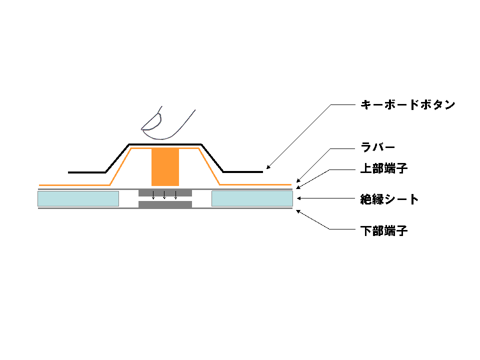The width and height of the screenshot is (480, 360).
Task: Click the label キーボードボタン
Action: point(407,105)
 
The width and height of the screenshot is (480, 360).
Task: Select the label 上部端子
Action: point(384,168)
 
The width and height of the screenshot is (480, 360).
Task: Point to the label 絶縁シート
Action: point(389,199)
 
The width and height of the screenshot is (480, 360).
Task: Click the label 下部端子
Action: point(384,231)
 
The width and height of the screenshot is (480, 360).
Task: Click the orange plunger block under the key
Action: point(165,167)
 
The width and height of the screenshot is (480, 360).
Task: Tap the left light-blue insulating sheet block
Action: point(78,198)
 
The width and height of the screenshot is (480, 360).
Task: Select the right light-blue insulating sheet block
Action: point(252,198)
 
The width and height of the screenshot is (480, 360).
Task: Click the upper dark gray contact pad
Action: point(165,192)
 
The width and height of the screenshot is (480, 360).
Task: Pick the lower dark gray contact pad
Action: point(165,204)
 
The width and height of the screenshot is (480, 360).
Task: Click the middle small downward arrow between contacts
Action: point(164,195)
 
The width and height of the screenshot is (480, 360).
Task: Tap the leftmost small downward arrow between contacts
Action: point(153,195)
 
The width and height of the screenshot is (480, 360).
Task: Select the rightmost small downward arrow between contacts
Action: point(175,195)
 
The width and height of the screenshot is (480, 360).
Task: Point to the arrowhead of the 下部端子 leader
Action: point(297,211)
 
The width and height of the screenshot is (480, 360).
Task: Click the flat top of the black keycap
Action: point(165,143)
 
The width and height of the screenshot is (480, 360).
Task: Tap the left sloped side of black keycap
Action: point(117,158)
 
